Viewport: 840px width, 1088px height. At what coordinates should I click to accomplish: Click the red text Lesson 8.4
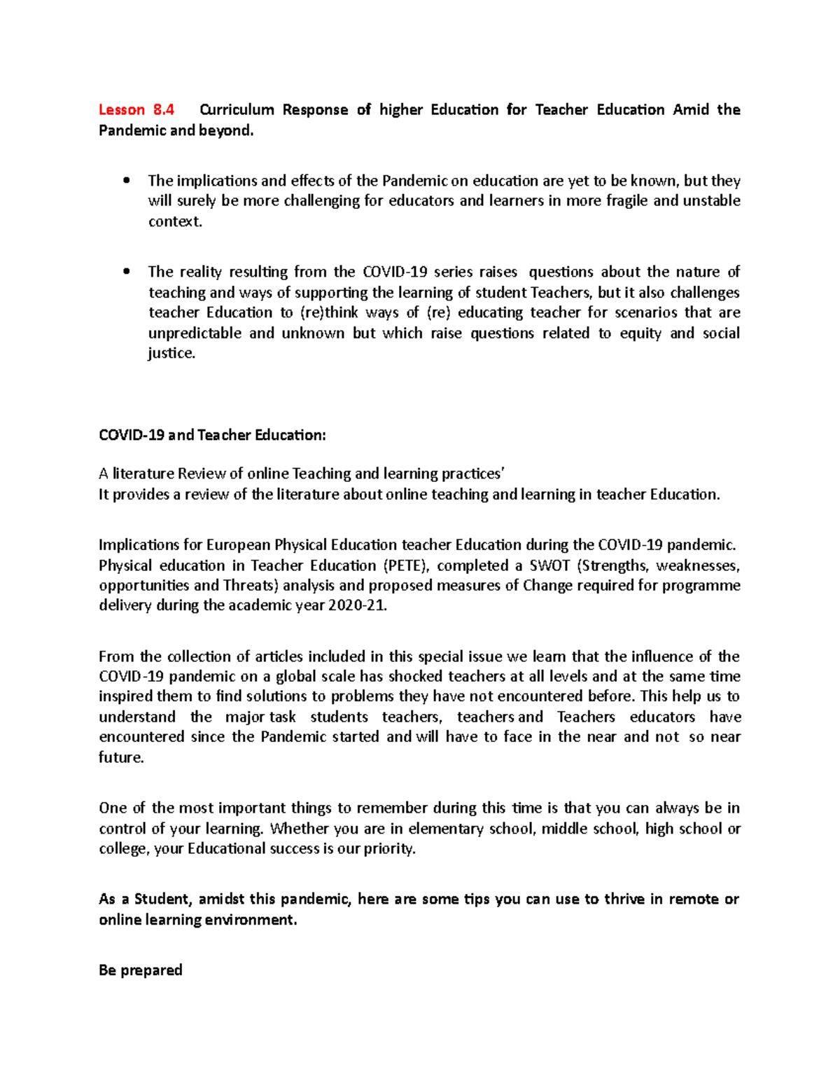pyautogui.click(x=136, y=109)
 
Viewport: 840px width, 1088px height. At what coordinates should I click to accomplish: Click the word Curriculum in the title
pyautogui.click(x=237, y=109)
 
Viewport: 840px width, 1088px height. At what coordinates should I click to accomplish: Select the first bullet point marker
pyautogui.click(x=126, y=181)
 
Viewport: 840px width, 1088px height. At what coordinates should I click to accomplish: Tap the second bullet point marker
pyautogui.click(x=126, y=271)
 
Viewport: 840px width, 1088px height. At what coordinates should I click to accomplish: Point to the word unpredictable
pyautogui.click(x=194, y=333)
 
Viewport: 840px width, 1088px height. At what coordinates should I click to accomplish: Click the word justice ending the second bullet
pyautogui.click(x=171, y=353)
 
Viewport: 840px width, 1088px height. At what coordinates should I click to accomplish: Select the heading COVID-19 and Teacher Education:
pyautogui.click(x=212, y=435)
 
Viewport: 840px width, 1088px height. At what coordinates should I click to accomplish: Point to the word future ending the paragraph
pyautogui.click(x=120, y=757)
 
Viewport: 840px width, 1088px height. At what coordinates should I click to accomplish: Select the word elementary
pyautogui.click(x=446, y=829)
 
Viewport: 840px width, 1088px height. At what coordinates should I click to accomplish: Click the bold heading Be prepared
pyautogui.click(x=141, y=970)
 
